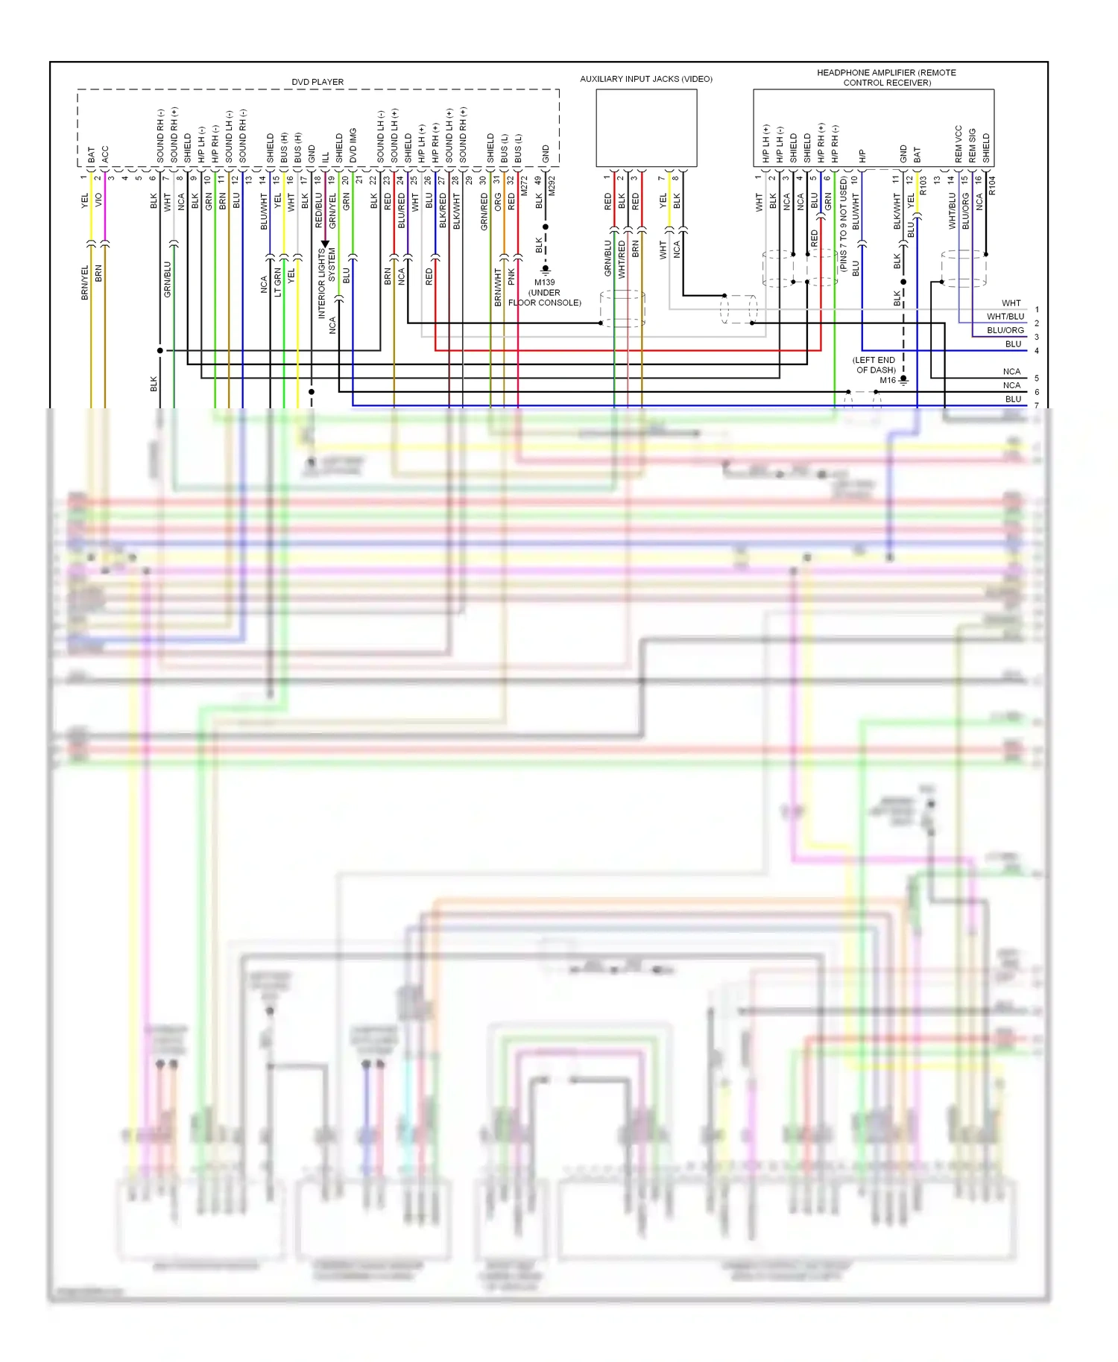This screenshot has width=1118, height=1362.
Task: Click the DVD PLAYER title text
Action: coord(318,82)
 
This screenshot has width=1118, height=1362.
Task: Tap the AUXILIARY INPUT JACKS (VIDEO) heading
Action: coord(646,79)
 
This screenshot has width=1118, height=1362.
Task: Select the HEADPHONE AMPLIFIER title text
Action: coord(886,77)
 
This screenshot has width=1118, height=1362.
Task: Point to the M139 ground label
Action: coord(544,282)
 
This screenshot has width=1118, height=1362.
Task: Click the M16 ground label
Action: coord(887,380)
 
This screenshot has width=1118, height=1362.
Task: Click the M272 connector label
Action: coord(524,186)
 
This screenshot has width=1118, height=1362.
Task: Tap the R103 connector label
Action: coord(923,186)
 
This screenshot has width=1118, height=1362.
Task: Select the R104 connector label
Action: coord(991,186)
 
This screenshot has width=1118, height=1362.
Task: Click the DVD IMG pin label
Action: coord(353,146)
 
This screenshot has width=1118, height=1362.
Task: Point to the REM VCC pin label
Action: coord(958,145)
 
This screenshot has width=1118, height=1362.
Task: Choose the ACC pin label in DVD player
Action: coord(105,154)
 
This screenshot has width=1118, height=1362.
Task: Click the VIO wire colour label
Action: coord(98,200)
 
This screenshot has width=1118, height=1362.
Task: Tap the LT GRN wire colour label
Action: coord(277,282)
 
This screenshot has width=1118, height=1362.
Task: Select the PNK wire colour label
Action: coord(511,276)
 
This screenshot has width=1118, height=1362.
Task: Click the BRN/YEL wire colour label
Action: coord(84,282)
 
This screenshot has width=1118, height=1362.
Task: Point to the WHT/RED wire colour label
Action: coord(622,260)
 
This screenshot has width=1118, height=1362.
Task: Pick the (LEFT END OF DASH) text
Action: coord(875,365)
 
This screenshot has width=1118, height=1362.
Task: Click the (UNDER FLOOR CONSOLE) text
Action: coord(545,297)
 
